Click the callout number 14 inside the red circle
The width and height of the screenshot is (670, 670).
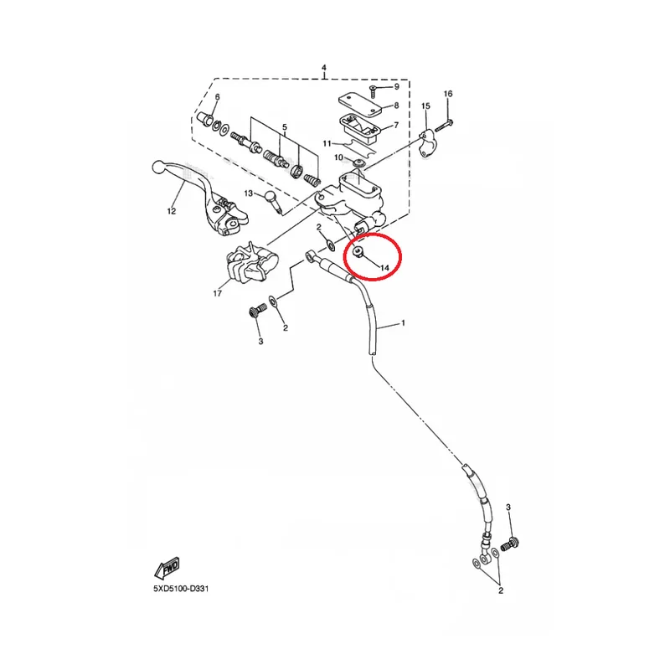(x=384, y=268)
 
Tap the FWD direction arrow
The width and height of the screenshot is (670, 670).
(x=167, y=568)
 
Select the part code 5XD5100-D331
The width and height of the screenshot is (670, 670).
(x=181, y=589)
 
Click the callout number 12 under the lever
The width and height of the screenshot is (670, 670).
(x=172, y=211)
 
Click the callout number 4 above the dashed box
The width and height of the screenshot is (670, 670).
(x=324, y=68)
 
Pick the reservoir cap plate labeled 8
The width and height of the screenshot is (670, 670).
(x=360, y=104)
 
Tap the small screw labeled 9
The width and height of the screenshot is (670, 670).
(x=372, y=90)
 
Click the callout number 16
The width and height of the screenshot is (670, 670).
(x=448, y=94)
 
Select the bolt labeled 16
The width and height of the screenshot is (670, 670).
(x=444, y=126)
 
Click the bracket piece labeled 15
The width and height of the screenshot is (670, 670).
(x=425, y=143)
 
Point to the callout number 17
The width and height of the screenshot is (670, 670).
(x=218, y=293)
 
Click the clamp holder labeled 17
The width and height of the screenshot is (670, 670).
(x=251, y=263)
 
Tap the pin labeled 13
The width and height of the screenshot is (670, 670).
(x=273, y=201)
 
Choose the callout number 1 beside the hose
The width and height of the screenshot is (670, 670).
(x=403, y=323)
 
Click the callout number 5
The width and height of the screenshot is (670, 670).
(x=285, y=127)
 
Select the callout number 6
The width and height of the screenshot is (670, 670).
(x=217, y=97)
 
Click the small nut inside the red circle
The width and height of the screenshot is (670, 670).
(x=358, y=253)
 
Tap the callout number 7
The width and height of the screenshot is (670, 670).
(x=396, y=125)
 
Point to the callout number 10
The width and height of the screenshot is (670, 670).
(x=338, y=157)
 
